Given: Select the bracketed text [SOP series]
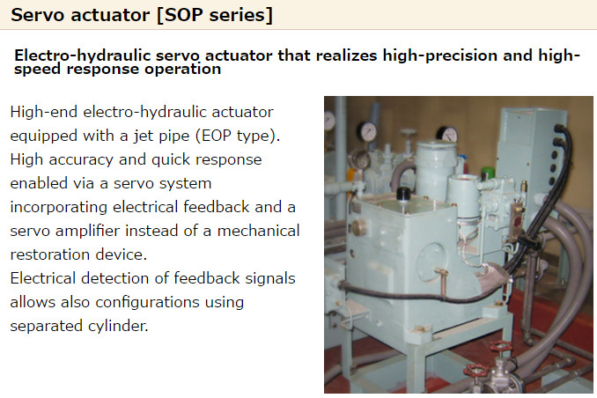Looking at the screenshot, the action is [x=215, y=16].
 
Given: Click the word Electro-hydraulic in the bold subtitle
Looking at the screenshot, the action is [x=83, y=56].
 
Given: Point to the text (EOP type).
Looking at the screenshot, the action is [x=238, y=136].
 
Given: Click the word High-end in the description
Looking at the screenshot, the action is [x=43, y=113].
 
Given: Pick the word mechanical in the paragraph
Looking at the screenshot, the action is [x=258, y=231].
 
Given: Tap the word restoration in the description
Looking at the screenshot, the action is [x=50, y=254].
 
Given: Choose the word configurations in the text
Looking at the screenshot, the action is [x=147, y=302].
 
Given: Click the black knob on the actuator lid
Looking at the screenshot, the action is [x=402, y=194].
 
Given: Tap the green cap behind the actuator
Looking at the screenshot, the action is [x=487, y=173].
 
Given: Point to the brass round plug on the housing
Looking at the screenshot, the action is [x=358, y=227].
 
